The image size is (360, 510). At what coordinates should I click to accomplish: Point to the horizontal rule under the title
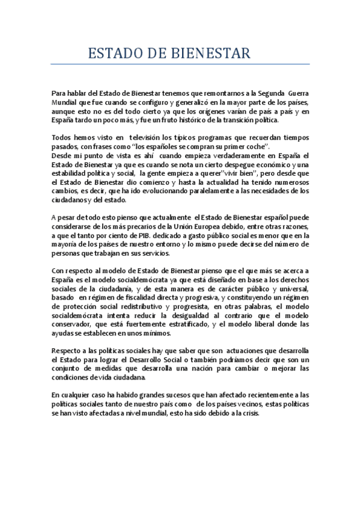(180, 64)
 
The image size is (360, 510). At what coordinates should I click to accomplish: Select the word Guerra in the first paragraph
(298, 93)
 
